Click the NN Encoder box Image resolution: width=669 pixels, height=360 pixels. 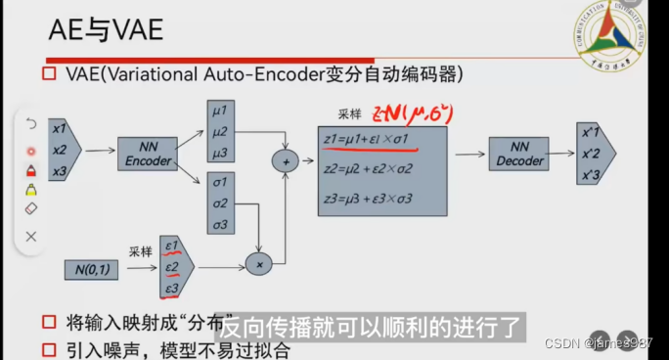click(149, 155)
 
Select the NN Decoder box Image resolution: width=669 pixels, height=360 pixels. click(518, 155)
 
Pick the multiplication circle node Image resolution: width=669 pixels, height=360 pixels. click(258, 265)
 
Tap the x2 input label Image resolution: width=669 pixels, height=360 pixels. click(61, 150)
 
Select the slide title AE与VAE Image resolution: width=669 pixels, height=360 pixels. click(106, 30)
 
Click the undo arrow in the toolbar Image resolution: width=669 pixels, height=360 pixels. click(31, 124)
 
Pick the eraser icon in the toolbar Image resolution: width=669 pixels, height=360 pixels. click(30, 208)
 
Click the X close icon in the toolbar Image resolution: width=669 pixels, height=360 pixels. click(31, 236)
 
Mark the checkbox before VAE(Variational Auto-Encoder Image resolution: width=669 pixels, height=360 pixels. click(49, 74)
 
